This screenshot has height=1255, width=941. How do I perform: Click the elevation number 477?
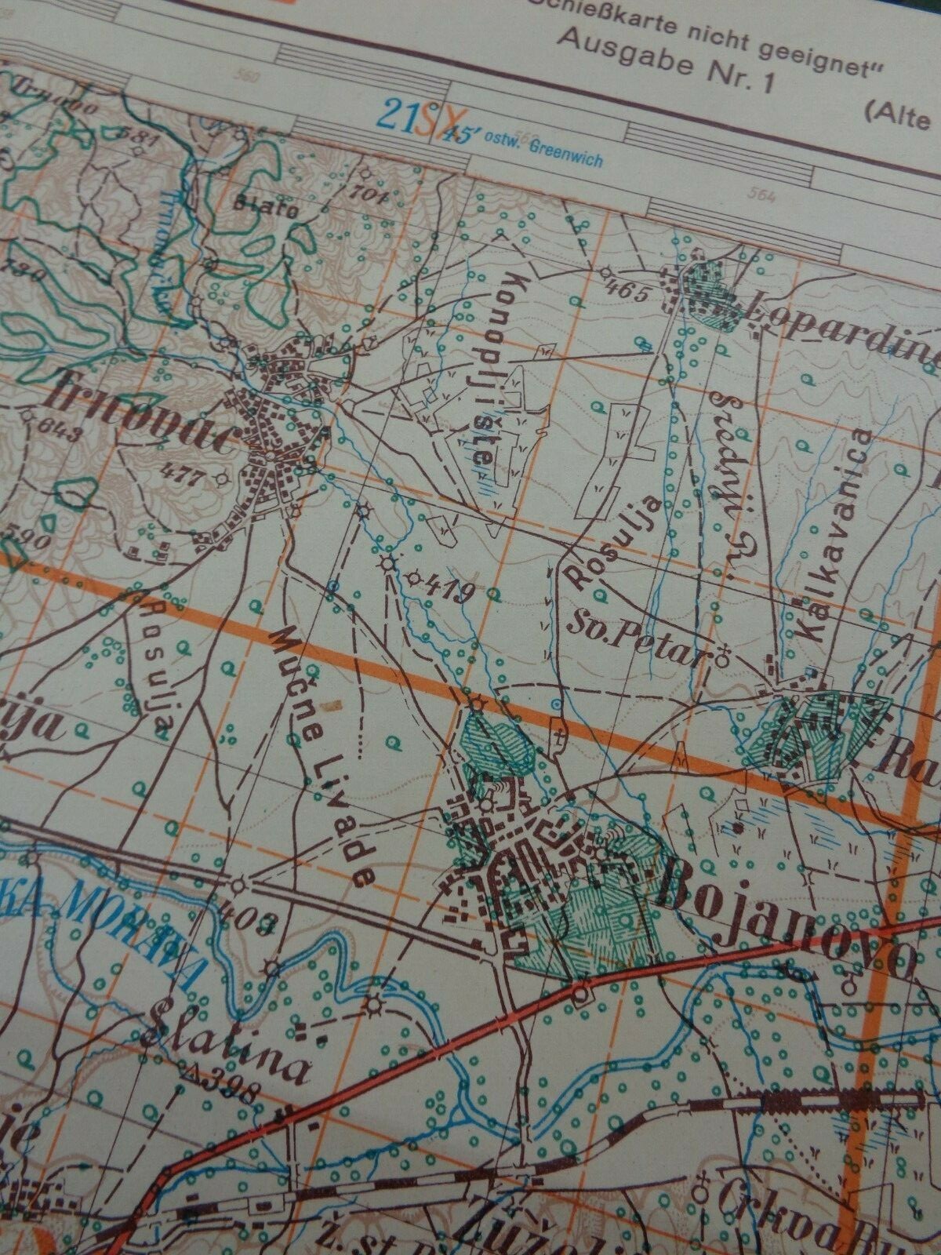[x=180, y=472]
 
